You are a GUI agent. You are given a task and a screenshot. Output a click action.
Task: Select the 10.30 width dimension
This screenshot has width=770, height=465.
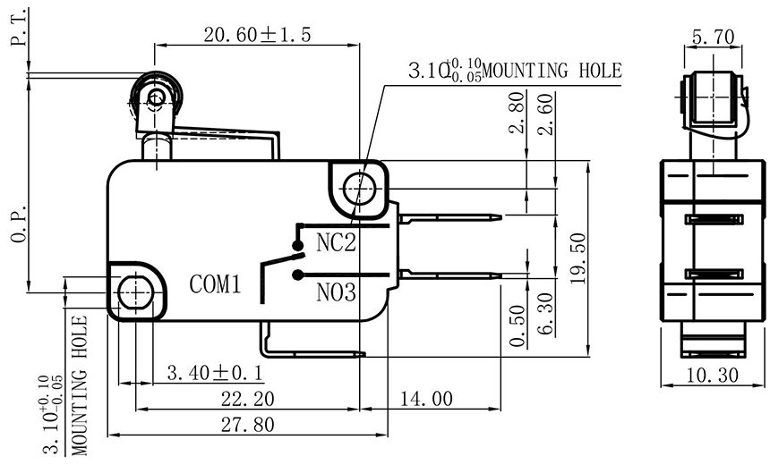[x=714, y=376]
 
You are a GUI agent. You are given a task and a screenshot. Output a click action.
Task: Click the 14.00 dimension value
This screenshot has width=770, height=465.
[x=426, y=399]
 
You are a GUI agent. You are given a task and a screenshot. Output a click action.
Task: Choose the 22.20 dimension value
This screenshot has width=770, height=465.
[x=245, y=399]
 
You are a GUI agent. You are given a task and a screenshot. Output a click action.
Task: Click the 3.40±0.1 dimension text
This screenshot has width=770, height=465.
[x=214, y=371]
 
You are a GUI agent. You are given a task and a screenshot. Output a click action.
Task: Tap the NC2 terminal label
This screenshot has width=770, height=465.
[x=337, y=242]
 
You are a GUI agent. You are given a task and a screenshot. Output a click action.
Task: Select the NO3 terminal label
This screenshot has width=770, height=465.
[x=337, y=292]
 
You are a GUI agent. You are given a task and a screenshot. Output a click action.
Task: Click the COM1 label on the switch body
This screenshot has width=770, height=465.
[x=216, y=285]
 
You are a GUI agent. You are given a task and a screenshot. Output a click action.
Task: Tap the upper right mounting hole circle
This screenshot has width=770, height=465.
[x=359, y=186]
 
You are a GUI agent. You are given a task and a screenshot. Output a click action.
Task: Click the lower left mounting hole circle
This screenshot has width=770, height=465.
[x=134, y=290]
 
